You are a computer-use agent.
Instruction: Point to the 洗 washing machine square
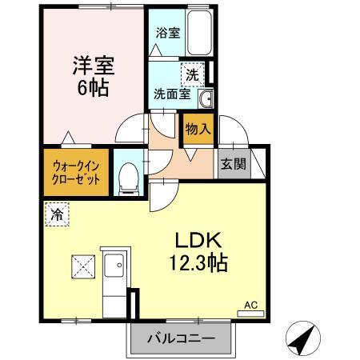point(191,74)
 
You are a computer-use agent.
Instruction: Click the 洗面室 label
point(172,94)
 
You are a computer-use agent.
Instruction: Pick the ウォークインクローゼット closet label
point(77,172)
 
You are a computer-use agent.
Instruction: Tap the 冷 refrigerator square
point(56,214)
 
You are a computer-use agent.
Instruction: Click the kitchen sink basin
point(115,264)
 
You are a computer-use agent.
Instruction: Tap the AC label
point(251,304)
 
